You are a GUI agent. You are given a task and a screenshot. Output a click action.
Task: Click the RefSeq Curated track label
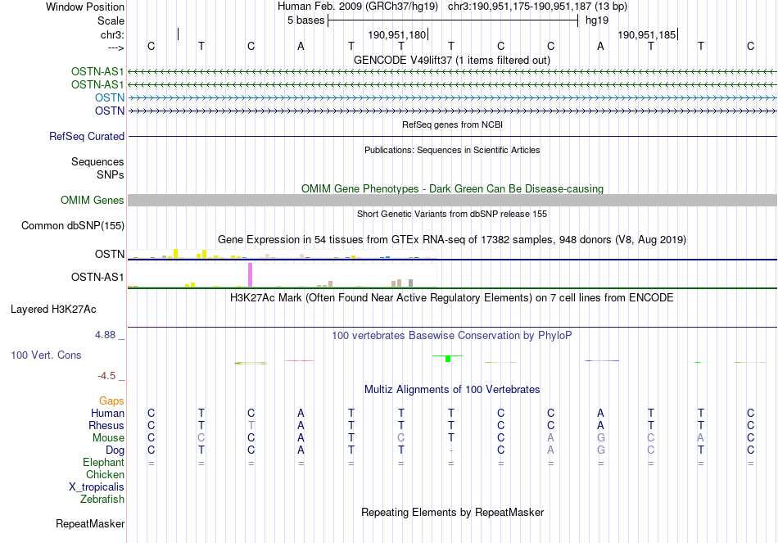[x=87, y=137]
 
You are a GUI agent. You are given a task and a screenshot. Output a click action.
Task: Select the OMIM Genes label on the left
[x=93, y=201]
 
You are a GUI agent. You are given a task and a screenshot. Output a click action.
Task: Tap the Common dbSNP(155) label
[x=73, y=226]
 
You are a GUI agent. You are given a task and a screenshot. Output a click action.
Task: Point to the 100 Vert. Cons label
[x=46, y=355]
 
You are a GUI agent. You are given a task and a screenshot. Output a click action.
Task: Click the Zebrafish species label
[x=102, y=499]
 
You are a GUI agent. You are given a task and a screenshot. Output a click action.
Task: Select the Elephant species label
[x=103, y=463]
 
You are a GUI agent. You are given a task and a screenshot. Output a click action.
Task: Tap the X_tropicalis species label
[x=97, y=486]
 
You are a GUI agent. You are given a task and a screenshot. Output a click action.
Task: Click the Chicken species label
[x=105, y=475]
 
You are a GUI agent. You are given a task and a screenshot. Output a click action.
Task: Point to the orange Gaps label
[x=112, y=401]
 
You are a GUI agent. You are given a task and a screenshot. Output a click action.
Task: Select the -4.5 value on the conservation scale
[x=107, y=376]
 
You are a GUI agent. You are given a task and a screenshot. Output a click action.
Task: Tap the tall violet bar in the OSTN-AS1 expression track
[x=250, y=274]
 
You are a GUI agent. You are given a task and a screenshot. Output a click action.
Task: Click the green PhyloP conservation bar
[x=448, y=358]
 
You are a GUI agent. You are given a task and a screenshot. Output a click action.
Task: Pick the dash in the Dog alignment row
[x=451, y=450]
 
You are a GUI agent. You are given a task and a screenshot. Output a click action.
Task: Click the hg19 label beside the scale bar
[x=596, y=20]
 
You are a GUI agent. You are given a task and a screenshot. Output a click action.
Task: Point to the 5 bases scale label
[x=305, y=20]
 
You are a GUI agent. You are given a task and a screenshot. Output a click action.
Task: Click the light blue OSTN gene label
[x=109, y=97]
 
